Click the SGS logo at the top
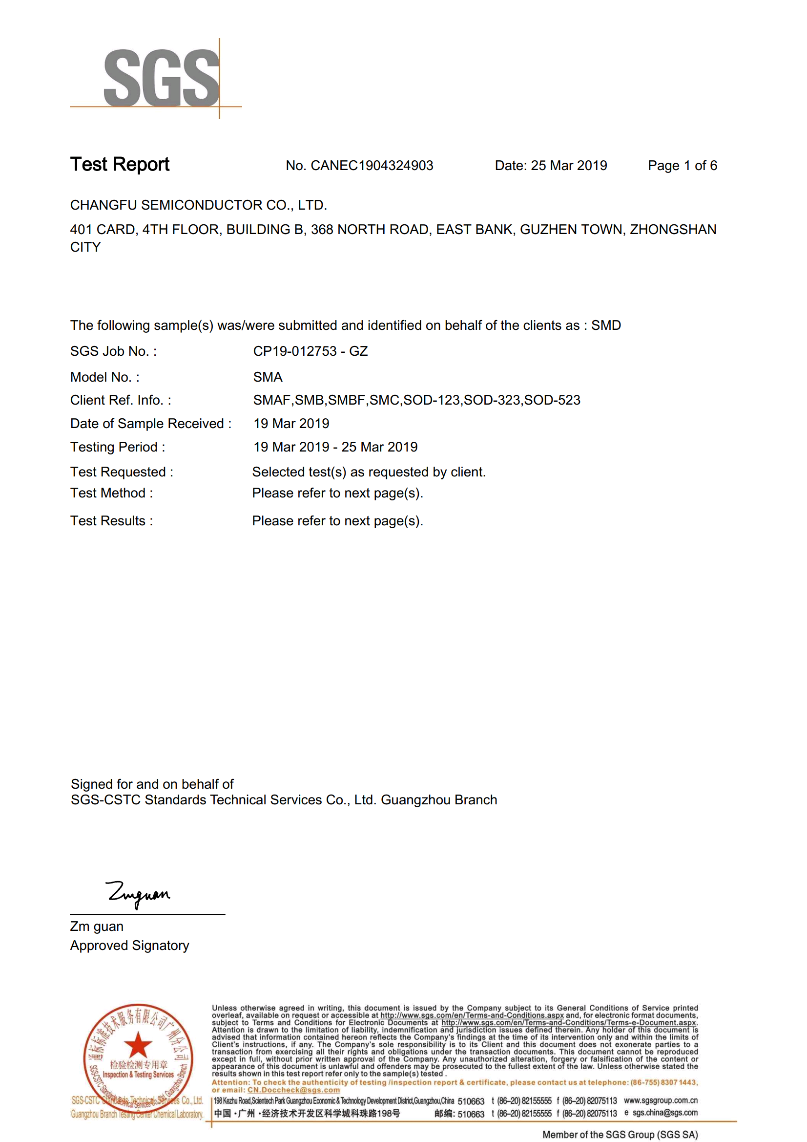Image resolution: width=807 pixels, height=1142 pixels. [x=161, y=78]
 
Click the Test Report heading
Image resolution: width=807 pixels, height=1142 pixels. [x=120, y=165]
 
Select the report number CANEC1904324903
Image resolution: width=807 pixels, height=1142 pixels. [x=372, y=166]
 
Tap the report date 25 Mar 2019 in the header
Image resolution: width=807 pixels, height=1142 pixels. [x=568, y=166]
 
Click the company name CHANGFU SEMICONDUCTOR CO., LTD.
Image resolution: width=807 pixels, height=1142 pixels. [x=198, y=205]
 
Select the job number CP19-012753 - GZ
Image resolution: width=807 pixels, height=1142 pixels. [x=310, y=351]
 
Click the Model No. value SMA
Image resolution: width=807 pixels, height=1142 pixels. [x=268, y=377]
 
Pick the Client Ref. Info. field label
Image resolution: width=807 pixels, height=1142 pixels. [x=120, y=400]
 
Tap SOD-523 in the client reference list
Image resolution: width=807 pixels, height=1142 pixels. [x=552, y=400]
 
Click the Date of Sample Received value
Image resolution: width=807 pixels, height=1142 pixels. [x=291, y=423]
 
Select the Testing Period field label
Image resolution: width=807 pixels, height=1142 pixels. [x=117, y=447]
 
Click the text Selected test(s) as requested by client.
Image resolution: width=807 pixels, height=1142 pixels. [x=369, y=472]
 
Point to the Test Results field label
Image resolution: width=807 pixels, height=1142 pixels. [x=111, y=520]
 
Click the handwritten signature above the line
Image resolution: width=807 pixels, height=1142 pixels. [x=139, y=894]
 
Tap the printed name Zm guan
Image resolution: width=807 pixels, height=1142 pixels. [x=97, y=926]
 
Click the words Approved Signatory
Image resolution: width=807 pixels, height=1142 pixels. [x=129, y=945]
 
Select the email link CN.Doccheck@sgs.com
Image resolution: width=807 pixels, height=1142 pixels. [x=293, y=1090]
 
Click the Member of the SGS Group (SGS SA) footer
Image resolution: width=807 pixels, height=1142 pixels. [x=620, y=1135]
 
